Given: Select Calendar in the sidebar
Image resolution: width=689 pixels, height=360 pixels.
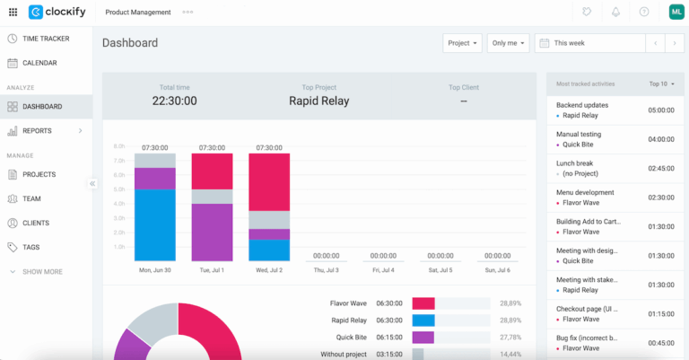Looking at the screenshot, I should point(39,63).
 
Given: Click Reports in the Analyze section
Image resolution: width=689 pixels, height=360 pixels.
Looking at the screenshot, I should point(37,131).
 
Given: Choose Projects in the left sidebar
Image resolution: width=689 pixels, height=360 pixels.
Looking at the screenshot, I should point(39,174).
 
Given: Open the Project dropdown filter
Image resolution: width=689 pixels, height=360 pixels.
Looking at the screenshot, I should point(462,43).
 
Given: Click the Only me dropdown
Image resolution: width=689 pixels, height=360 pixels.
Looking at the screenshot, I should point(509,43).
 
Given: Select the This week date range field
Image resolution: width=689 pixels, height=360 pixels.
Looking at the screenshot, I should point(589,43).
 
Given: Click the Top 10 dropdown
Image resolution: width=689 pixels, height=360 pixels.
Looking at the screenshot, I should point(661,83).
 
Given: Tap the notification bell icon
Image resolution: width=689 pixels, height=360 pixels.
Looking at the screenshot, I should point(615,12).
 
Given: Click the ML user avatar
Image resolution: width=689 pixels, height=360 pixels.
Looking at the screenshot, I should point(676,12).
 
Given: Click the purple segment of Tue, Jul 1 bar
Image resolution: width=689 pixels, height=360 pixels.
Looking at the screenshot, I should point(212,232).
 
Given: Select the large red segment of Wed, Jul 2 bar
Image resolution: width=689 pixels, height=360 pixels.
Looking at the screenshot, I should point(269,181).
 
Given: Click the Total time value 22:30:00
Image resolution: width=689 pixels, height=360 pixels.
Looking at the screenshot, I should point(174,101).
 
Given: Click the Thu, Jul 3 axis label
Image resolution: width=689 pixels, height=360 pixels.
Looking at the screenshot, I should point(327,269).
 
